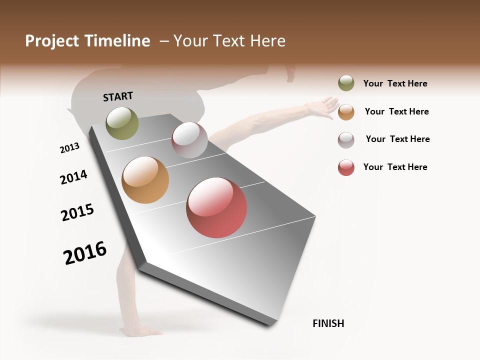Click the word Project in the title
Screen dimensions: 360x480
[x=52, y=41]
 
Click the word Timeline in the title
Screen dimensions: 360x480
[x=117, y=41]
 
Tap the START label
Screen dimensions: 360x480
[x=118, y=96]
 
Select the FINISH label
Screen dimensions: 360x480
[x=328, y=323]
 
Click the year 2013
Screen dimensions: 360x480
[x=69, y=148]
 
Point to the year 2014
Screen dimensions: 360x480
[x=73, y=177]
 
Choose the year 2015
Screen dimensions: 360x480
[x=77, y=212]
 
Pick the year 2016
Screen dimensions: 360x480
[x=85, y=252]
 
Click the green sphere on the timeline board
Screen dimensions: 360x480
[x=122, y=123]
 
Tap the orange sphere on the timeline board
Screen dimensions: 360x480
[x=145, y=180]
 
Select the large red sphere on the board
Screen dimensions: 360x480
[x=216, y=207]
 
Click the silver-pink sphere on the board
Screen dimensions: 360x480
[x=189, y=140]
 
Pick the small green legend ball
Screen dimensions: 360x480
[x=346, y=83]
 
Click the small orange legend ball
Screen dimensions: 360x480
[x=346, y=112]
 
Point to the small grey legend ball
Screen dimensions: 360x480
[x=346, y=140]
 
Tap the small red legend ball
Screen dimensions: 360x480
[x=346, y=167]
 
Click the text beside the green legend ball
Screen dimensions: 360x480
[x=395, y=83]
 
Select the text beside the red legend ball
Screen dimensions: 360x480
[x=395, y=167]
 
